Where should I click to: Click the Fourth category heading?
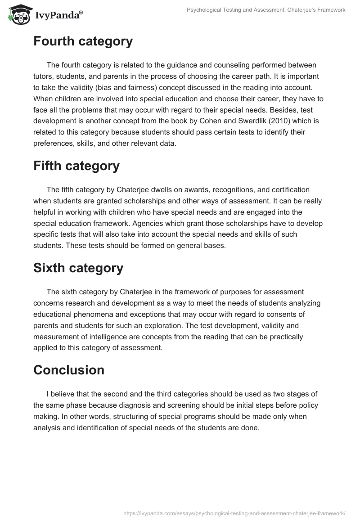tap(83, 41)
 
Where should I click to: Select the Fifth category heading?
tap(76, 166)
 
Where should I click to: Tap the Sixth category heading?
tap(78, 268)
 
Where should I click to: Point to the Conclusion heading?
tap(68, 370)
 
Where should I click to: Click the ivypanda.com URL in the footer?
tap(234, 513)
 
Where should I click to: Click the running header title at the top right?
tap(266, 10)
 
